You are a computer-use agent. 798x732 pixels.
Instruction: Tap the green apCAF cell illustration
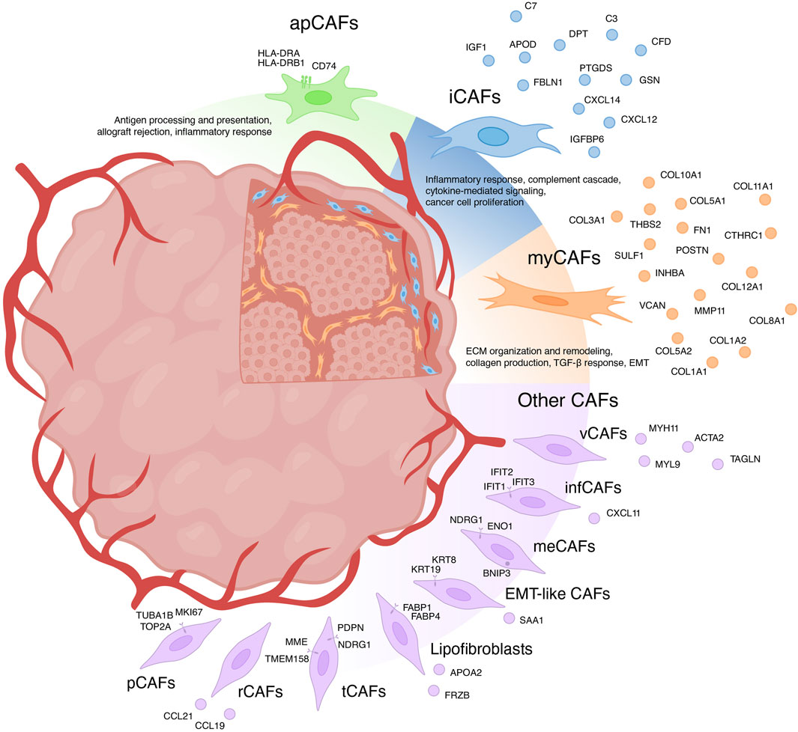coord(318,97)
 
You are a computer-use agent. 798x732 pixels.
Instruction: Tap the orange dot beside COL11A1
coord(764,199)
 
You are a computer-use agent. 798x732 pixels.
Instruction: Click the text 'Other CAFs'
coord(567,400)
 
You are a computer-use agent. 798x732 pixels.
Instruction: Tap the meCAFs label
coord(565,546)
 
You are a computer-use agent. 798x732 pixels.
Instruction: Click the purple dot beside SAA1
coord(509,618)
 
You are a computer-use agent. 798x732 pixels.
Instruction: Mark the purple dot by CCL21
coord(199,704)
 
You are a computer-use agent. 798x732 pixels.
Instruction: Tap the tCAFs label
coord(360,692)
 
